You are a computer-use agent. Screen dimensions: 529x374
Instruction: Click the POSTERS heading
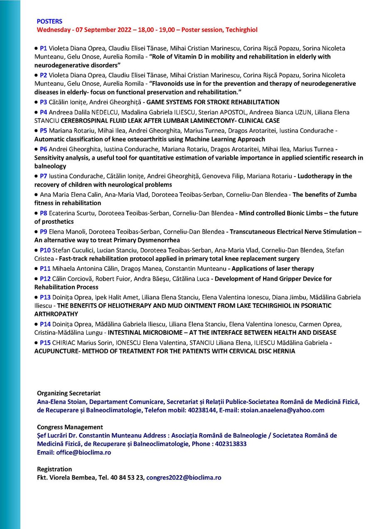coord(49,21)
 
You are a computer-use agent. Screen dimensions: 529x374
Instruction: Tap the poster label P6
coord(44,149)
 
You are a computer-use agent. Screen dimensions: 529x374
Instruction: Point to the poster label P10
coord(45,250)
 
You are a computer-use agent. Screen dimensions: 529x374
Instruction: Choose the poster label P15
coord(45,343)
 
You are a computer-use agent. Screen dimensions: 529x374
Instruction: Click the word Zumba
coord(347,195)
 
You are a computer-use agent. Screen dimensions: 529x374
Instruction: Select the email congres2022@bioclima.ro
coord(184,478)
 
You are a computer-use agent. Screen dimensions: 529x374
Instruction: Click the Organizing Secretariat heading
coord(69,393)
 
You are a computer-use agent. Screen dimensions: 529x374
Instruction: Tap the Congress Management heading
coord(70,427)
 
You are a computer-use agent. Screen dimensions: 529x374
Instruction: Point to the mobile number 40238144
coord(195,410)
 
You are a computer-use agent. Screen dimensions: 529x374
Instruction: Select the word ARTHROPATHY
coord(56,314)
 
